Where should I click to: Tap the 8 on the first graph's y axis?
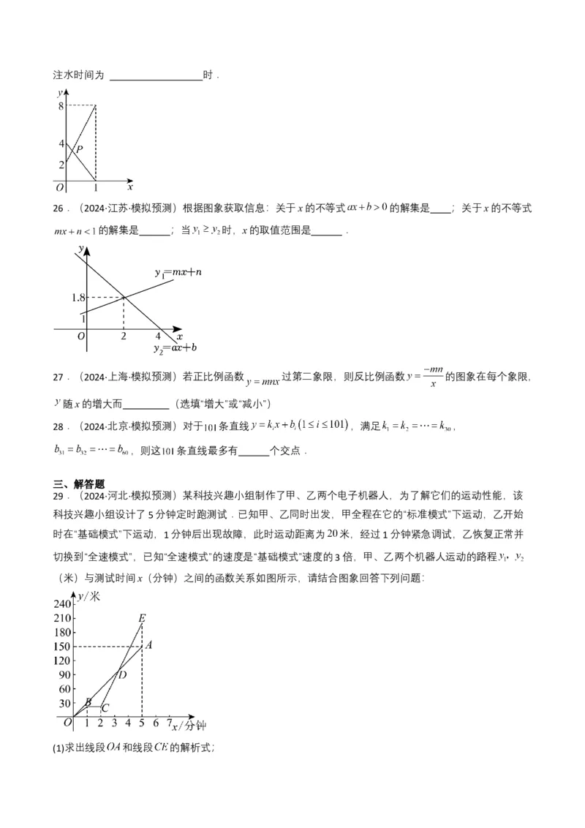coord(61,106)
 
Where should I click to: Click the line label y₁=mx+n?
coord(178,272)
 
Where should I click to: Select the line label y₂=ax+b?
coord(175,347)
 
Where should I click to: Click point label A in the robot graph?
coord(148,645)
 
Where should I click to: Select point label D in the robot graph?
coord(122,674)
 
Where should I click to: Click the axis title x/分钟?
coord(189,726)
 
